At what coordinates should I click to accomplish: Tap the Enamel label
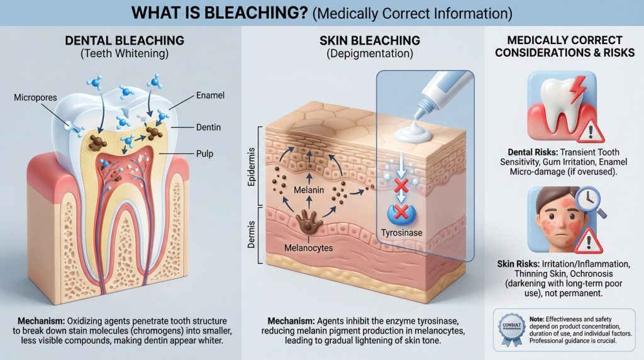(210, 96)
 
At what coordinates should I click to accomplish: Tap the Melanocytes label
(308, 247)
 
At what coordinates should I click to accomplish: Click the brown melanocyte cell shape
(309, 221)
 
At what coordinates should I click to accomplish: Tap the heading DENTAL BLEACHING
(125, 40)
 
